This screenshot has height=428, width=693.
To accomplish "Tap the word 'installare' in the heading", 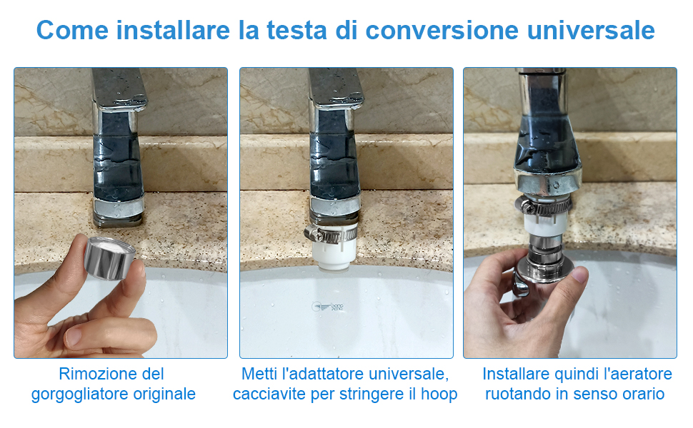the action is point(173,30).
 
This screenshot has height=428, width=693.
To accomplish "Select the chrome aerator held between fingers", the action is point(109,258).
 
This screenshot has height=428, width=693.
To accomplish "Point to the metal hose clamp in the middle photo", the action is point(330,233).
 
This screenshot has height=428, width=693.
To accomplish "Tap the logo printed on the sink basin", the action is point(327,306).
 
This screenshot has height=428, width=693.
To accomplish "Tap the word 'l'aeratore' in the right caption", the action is point(638,374).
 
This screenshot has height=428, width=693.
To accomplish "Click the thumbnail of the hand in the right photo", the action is point(579,275).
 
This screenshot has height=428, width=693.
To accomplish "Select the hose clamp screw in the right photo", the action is point(524,206).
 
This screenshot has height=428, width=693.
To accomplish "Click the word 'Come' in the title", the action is point(72,30).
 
